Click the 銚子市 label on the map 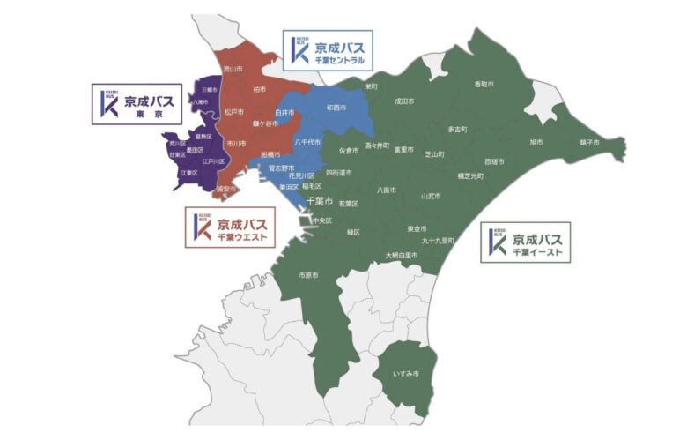click(x=589, y=142)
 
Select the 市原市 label click(x=308, y=275)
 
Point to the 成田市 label click(x=404, y=101)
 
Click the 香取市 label click(x=484, y=85)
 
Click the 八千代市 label click(x=307, y=141)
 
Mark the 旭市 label click(x=536, y=141)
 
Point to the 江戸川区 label click(x=214, y=162)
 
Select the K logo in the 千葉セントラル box click(x=299, y=52)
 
